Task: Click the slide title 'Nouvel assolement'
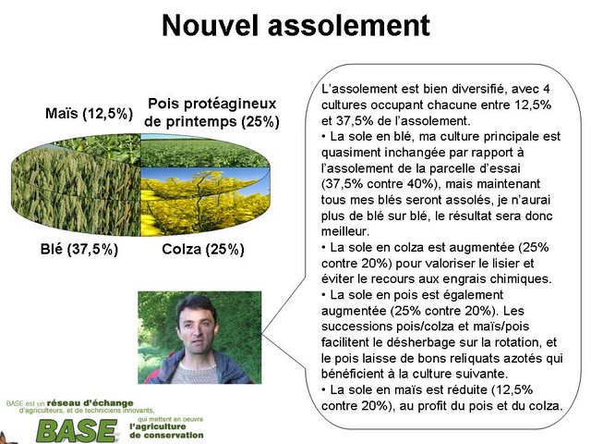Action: tap(295, 25)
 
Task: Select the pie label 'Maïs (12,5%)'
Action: tap(89, 113)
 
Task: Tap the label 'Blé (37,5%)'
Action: tap(79, 249)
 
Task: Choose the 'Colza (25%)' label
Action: tap(203, 249)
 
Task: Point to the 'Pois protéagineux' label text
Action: tap(212, 104)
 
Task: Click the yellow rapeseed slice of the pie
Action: tap(205, 200)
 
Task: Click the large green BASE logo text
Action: tap(78, 431)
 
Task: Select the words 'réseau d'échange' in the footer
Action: tap(90, 403)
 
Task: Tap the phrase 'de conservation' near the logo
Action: tap(166, 435)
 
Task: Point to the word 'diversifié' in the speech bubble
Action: tap(467, 89)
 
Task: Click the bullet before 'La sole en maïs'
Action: tap(324, 389)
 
